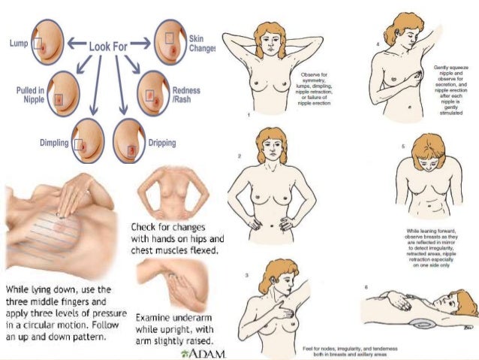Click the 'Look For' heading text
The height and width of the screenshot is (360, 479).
[x=109, y=45]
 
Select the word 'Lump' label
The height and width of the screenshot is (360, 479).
[x=19, y=44]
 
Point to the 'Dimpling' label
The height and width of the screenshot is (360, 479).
[x=53, y=142]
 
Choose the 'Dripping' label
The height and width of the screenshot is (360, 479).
[x=162, y=142]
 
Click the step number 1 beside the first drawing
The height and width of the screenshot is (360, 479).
[x=249, y=116]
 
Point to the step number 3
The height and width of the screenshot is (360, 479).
[x=246, y=277]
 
